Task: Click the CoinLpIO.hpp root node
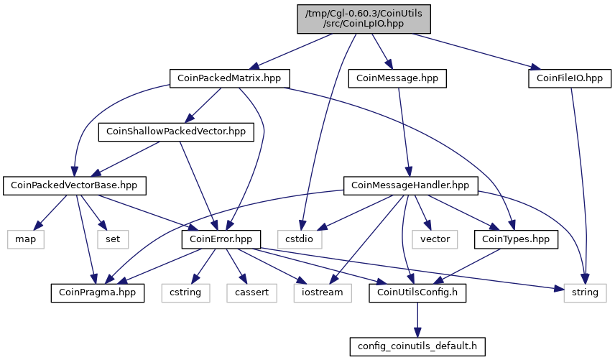364,19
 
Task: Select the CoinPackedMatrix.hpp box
229,78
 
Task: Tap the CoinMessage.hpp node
397,78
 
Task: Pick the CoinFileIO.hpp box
570,78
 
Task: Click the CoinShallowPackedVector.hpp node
176,131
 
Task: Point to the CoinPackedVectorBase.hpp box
75,185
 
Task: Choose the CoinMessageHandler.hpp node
411,185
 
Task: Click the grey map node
25,239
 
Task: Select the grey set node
113,239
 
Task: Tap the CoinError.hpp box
221,239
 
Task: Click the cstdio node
300,239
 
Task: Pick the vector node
435,239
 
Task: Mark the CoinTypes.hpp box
516,239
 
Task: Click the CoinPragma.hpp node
97,293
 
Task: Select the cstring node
185,293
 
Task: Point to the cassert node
251,293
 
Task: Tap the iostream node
323,293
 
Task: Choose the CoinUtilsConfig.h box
417,293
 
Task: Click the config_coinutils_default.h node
417,346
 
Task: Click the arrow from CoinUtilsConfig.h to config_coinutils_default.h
417,320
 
